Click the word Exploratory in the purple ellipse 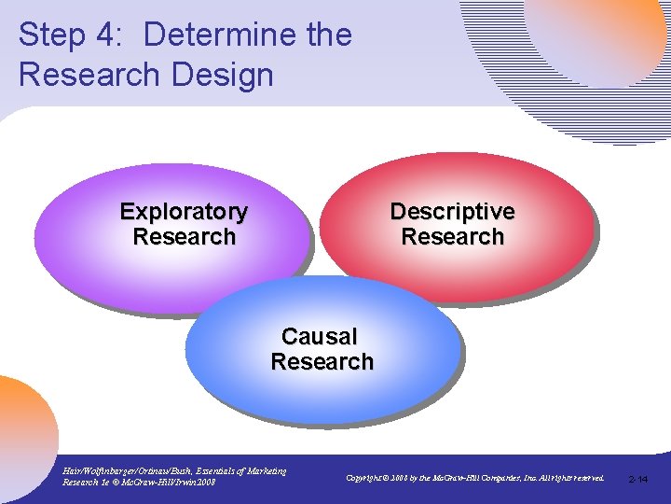point(184,212)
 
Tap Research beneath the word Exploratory point(185,237)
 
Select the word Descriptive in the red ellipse point(452,212)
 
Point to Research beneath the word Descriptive point(452,237)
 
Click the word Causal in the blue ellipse point(319,336)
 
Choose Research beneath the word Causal point(322,361)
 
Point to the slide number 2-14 point(638,479)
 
